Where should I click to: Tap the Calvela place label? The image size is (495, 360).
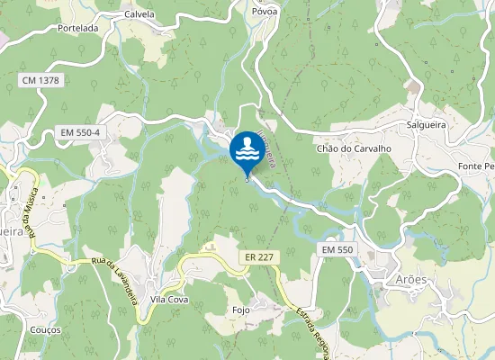point(139,14)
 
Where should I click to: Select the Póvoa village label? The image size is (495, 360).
point(265,12)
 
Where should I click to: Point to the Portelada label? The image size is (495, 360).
point(77,28)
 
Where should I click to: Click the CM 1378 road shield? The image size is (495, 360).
point(39,81)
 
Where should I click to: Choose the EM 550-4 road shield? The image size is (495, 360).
point(79,132)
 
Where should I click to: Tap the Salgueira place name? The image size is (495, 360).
point(427,125)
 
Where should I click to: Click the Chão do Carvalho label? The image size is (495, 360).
point(353,148)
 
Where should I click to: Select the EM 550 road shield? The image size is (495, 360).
point(337,248)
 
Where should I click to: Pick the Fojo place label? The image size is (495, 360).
point(240,310)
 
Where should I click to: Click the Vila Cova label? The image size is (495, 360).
point(168,299)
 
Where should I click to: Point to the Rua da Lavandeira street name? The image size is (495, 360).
point(113,281)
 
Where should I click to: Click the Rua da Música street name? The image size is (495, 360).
point(30,207)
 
